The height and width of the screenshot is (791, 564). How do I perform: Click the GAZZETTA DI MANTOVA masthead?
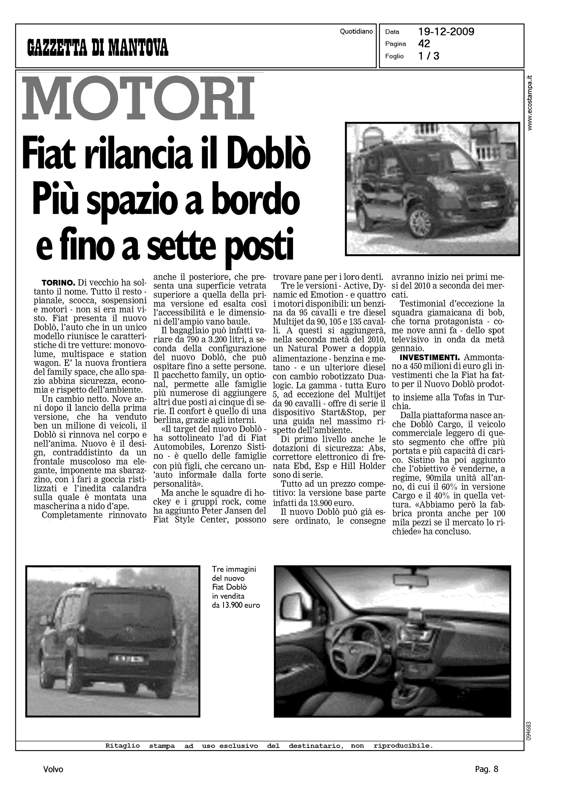pos(98,48)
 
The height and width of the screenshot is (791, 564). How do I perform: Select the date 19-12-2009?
pos(446,32)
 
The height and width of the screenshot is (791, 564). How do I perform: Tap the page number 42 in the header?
pos(424,44)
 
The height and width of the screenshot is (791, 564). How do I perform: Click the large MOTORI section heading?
pos(138,99)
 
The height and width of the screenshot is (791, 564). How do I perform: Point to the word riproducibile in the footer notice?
pos(403,746)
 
